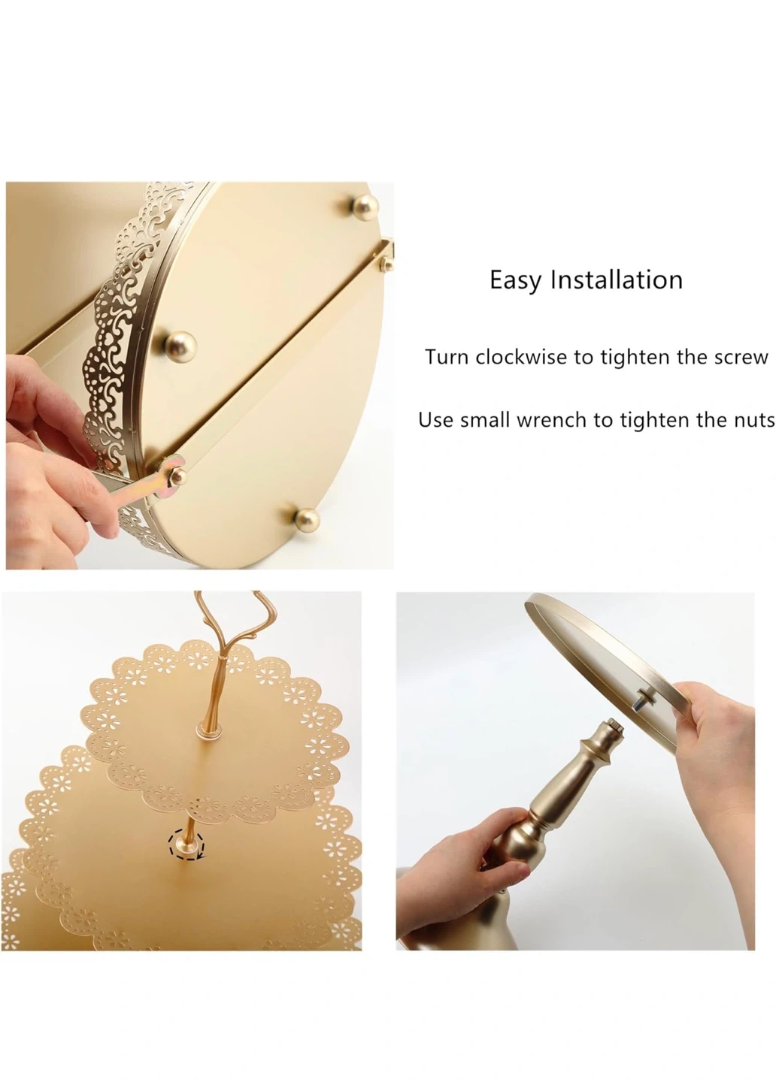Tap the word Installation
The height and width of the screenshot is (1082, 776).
(617, 280)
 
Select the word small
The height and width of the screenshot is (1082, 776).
(485, 420)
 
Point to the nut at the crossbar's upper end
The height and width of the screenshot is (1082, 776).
(386, 263)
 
